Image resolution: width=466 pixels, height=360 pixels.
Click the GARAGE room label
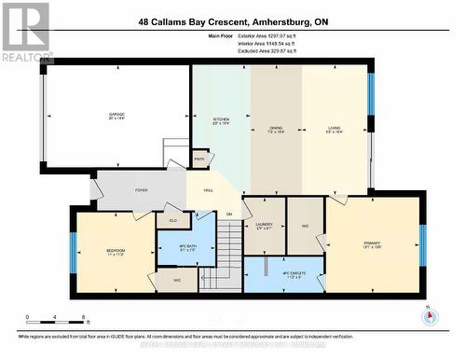[x=116, y=115]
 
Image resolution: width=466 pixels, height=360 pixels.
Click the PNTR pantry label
[x=199, y=159]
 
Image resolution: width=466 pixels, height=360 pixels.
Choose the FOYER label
[x=141, y=190]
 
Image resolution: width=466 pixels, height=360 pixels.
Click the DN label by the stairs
[x=227, y=215]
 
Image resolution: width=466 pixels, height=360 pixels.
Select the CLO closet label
[x=173, y=220]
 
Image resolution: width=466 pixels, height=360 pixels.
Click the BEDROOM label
[x=116, y=250]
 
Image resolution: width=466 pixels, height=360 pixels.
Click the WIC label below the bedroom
[x=177, y=279]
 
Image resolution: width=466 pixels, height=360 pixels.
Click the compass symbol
[x=429, y=316]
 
